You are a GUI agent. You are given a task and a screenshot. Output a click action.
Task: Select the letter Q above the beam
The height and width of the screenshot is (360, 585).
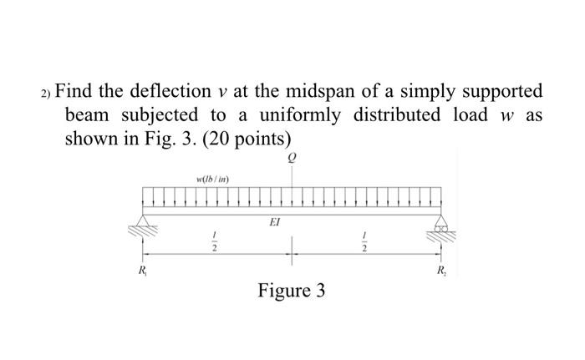292,157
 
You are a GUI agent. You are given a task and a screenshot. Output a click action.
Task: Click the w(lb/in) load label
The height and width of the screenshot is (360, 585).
213,178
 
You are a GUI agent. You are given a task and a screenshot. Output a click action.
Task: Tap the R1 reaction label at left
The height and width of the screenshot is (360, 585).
143,271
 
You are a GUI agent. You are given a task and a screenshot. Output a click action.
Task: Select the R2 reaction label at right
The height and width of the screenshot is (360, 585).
441,271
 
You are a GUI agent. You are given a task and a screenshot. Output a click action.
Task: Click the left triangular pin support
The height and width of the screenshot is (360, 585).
144,221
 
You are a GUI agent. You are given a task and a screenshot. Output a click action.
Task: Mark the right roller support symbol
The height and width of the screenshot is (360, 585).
441,221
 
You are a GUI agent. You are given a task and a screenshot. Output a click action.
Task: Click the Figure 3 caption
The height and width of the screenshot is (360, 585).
292,292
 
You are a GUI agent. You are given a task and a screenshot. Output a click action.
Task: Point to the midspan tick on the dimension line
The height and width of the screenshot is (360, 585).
292,246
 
